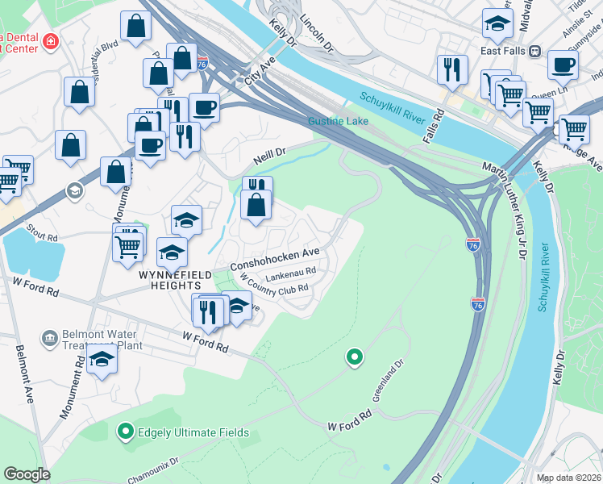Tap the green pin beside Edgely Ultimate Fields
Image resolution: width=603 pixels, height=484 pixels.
tap(125, 432)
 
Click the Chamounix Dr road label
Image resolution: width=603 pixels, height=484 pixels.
tap(153, 471)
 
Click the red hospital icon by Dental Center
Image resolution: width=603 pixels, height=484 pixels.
tap(51, 40)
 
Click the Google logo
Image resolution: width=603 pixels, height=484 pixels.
tap(27, 474)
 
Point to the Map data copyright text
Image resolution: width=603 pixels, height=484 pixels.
tap(568, 478)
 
